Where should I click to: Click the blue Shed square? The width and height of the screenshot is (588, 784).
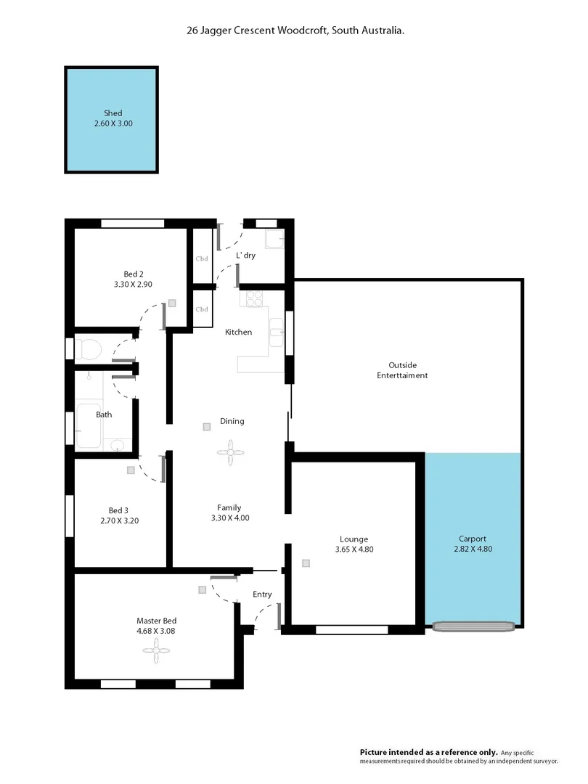112,120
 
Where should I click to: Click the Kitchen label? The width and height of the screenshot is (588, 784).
238,332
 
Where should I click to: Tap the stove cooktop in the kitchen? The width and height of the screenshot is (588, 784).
255,298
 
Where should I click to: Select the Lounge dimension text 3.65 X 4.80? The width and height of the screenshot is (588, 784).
354,550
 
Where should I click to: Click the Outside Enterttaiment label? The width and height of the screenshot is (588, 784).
401,370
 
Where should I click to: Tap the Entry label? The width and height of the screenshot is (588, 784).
262,595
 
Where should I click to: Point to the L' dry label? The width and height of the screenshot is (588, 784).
245,256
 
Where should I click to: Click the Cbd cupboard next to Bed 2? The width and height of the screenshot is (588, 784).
202,258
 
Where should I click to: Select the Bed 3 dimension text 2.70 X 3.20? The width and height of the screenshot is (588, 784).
119,520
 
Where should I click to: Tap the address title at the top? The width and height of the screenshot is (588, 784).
294,31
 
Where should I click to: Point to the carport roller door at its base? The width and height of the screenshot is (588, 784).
474,625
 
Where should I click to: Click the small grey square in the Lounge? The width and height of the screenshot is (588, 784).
306,563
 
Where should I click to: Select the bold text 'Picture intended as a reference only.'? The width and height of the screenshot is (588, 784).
428,752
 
